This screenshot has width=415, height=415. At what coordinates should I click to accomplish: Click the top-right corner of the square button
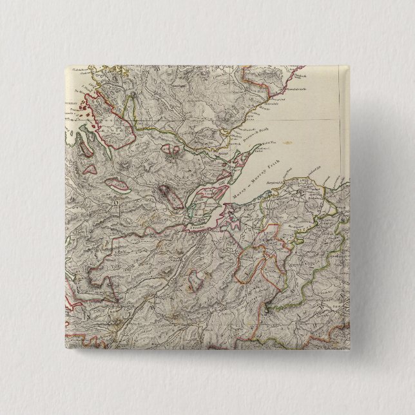pos(349,66)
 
